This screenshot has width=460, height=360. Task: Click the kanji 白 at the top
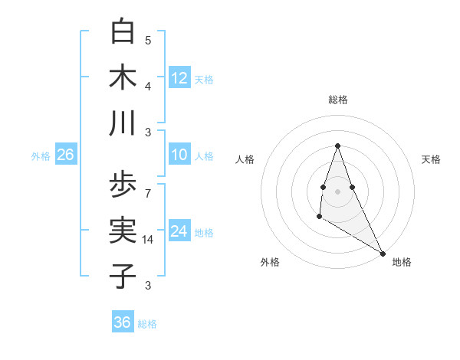click(x=123, y=33)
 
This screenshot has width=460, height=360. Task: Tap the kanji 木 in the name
click(x=123, y=77)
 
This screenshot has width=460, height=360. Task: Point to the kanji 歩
click(x=123, y=185)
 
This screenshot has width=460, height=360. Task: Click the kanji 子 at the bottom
click(x=123, y=275)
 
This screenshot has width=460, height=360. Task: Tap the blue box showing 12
click(x=179, y=77)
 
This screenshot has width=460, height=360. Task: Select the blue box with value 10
click(x=179, y=155)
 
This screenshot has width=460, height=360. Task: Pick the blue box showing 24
click(x=179, y=231)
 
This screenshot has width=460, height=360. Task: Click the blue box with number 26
click(x=65, y=155)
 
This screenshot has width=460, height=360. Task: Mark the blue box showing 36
click(x=122, y=322)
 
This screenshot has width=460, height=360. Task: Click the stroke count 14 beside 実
click(x=149, y=240)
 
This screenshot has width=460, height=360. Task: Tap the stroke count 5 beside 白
click(x=148, y=40)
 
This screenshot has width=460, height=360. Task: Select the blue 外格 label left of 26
click(x=41, y=155)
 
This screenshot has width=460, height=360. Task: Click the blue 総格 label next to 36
click(x=147, y=323)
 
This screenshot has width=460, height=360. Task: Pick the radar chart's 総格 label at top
click(x=337, y=100)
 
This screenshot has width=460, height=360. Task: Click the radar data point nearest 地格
click(x=383, y=254)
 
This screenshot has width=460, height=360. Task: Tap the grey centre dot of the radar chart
click(x=337, y=191)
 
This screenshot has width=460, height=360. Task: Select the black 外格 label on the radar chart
click(x=270, y=262)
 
